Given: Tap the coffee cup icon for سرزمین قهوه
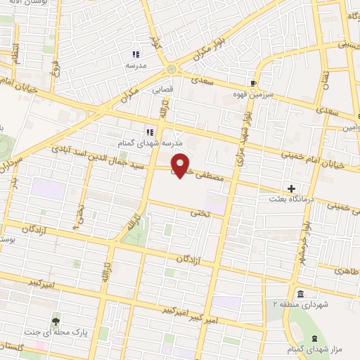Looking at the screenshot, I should pos(252,82).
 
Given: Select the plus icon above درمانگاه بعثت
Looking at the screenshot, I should pos(292,188).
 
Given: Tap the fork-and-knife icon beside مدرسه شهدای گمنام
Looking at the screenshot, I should pos(150,131).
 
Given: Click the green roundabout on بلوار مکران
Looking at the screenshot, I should pos(172,69).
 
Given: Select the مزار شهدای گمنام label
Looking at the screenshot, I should pos(321,349).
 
